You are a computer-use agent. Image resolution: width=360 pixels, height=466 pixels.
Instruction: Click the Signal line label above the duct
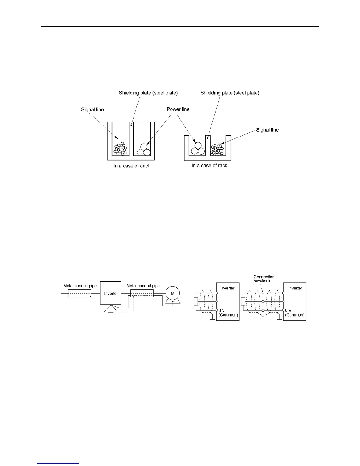click(x=92, y=110)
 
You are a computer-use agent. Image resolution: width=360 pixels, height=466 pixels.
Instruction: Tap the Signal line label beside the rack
click(x=267, y=130)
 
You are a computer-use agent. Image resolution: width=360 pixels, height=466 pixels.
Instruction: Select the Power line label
click(x=178, y=109)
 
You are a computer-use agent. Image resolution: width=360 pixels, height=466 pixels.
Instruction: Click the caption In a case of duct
click(x=131, y=166)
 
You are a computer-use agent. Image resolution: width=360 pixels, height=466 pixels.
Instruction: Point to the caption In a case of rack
click(x=209, y=166)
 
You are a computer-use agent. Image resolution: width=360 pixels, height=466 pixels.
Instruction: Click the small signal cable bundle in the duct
click(x=120, y=149)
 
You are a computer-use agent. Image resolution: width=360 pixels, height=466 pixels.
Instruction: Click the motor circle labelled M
click(x=173, y=294)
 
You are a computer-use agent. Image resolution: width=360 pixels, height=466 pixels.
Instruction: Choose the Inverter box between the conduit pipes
click(x=111, y=293)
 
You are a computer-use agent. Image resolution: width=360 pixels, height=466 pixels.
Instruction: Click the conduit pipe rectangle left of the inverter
click(x=79, y=293)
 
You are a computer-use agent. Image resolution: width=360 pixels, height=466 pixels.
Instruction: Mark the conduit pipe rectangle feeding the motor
click(x=142, y=293)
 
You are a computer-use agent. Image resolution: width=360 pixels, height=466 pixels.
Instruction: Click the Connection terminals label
click(x=264, y=279)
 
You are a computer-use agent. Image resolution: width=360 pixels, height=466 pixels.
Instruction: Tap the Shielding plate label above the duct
click(x=148, y=93)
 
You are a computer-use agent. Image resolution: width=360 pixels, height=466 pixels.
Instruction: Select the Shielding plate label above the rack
click(x=230, y=93)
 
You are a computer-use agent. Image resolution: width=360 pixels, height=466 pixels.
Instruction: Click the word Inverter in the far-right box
click(x=295, y=288)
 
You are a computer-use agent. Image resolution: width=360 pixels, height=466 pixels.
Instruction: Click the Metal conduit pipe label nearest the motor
click(x=143, y=286)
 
